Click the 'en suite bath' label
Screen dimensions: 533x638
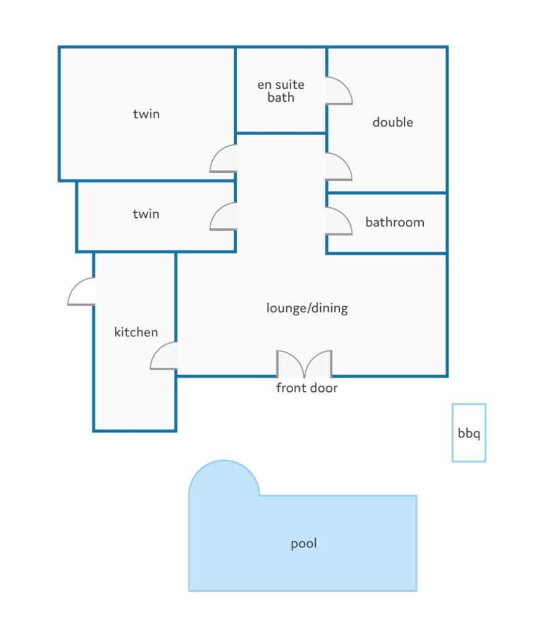(x=281, y=91)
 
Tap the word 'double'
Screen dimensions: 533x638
(x=392, y=122)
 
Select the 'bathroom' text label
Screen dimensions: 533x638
(x=395, y=222)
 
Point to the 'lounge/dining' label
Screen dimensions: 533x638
(x=307, y=308)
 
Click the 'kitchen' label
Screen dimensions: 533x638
(x=136, y=332)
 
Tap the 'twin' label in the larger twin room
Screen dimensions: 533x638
(x=146, y=114)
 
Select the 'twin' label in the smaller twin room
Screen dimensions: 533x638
(x=146, y=214)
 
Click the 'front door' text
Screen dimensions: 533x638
(x=307, y=387)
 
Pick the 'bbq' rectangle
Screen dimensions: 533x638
(x=469, y=433)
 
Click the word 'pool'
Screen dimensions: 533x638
(x=304, y=544)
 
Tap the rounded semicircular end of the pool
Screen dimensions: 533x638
(x=224, y=461)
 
